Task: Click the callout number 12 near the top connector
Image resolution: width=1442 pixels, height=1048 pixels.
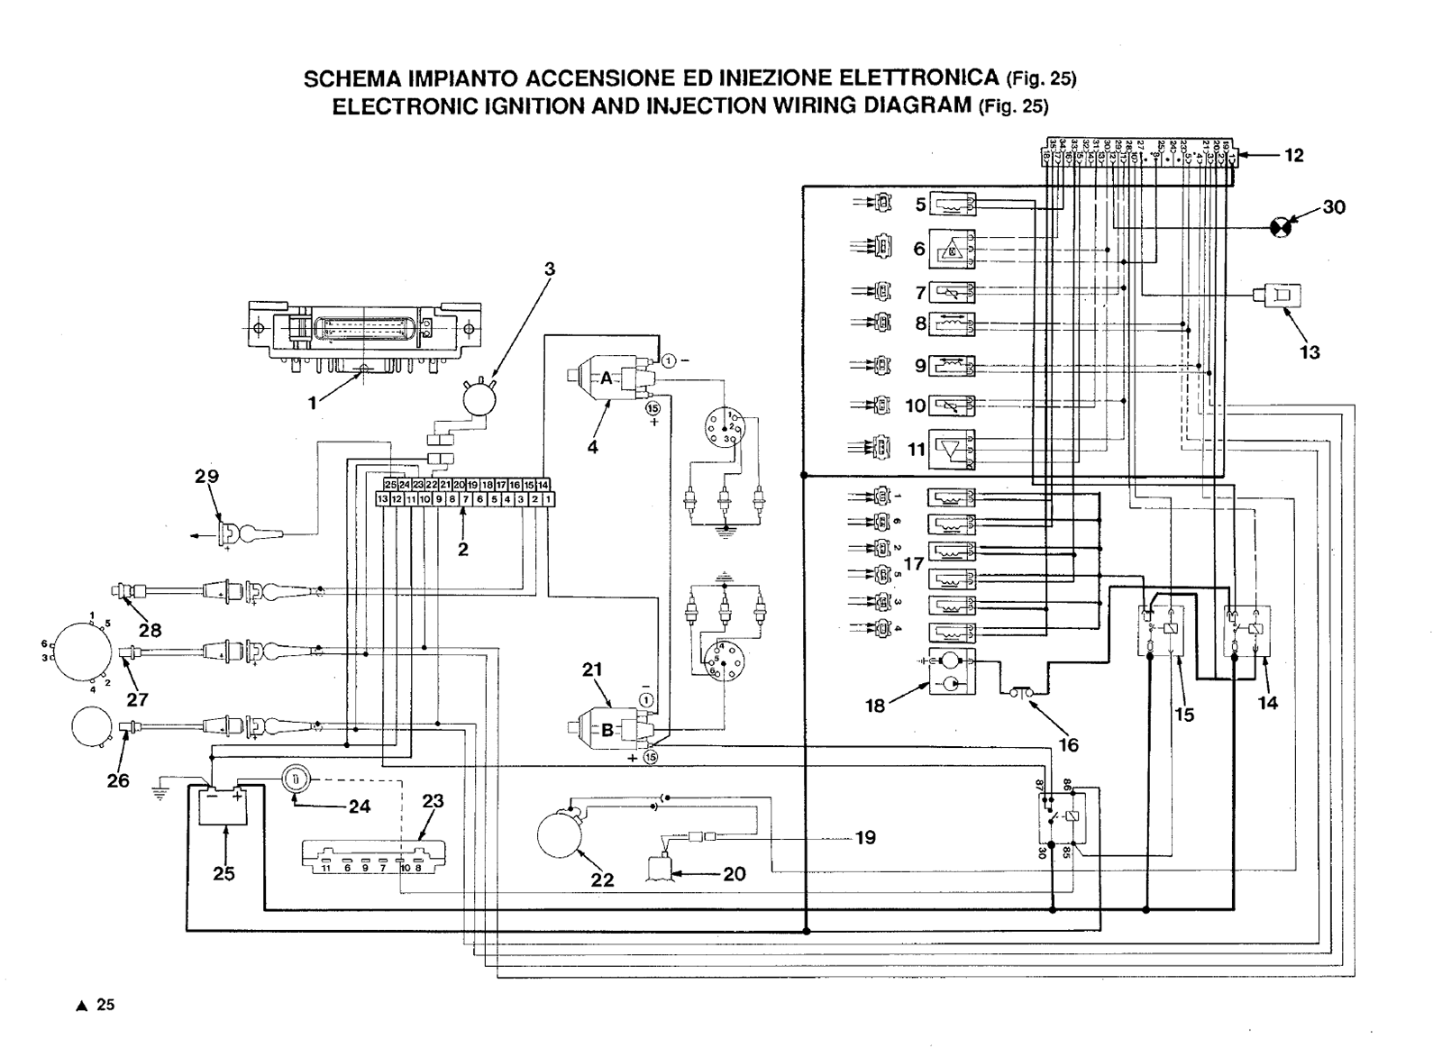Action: [x=1293, y=156]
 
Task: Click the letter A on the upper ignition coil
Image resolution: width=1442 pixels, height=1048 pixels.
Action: [x=606, y=378]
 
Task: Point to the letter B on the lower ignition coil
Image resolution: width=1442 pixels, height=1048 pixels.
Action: [x=607, y=731]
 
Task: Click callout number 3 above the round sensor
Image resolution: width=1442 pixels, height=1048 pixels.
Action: [x=550, y=269]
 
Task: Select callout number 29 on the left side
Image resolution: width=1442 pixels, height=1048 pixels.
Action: [x=207, y=476]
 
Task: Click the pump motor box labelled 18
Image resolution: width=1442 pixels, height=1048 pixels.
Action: [x=952, y=671]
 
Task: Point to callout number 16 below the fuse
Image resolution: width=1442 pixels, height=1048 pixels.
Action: [x=1068, y=744]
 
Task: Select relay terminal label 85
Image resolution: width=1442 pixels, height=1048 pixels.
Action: [x=1069, y=850]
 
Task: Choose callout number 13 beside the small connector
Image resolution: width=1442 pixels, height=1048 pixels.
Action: [x=1309, y=352]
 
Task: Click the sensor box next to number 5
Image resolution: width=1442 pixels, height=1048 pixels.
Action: [x=952, y=205]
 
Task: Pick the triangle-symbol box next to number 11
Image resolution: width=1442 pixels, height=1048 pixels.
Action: [x=952, y=449]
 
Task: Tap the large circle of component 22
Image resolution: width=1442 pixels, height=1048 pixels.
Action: [x=561, y=834]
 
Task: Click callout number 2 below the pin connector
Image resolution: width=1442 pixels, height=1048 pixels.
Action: [x=462, y=549]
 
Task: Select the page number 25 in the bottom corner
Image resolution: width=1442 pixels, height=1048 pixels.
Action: [x=105, y=1005]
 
